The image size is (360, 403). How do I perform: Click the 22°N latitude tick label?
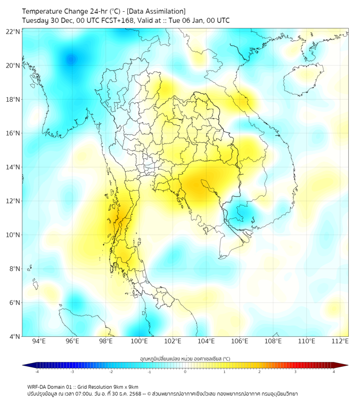click(x=13, y=31)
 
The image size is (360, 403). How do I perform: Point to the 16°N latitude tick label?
click(x=13, y=133)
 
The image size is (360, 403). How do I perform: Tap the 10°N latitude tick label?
click(x=13, y=235)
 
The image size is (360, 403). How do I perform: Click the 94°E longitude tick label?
click(x=39, y=342)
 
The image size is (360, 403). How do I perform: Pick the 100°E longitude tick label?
click(x=139, y=342)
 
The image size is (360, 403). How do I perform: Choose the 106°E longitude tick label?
click(x=240, y=342)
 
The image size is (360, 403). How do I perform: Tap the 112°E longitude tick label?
click(x=340, y=342)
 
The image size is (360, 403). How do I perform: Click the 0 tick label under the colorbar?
click(x=185, y=372)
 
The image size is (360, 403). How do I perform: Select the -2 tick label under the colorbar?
click(x=111, y=372)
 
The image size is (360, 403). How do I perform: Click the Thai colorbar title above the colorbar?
click(x=185, y=358)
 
